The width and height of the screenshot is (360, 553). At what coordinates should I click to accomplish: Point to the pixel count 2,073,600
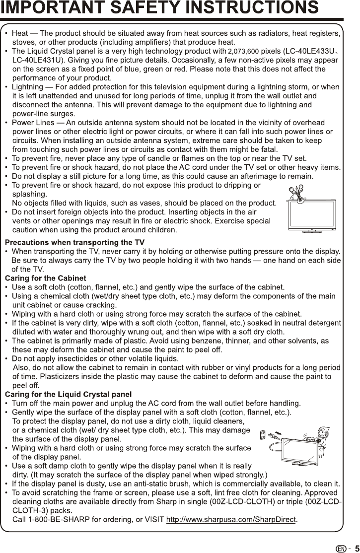(x=243, y=52)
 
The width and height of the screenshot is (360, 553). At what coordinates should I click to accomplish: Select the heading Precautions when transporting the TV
(x=74, y=242)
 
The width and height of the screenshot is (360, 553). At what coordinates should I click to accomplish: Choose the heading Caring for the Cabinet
(x=45, y=278)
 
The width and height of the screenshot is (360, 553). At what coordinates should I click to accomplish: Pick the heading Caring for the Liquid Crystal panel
(x=68, y=395)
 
